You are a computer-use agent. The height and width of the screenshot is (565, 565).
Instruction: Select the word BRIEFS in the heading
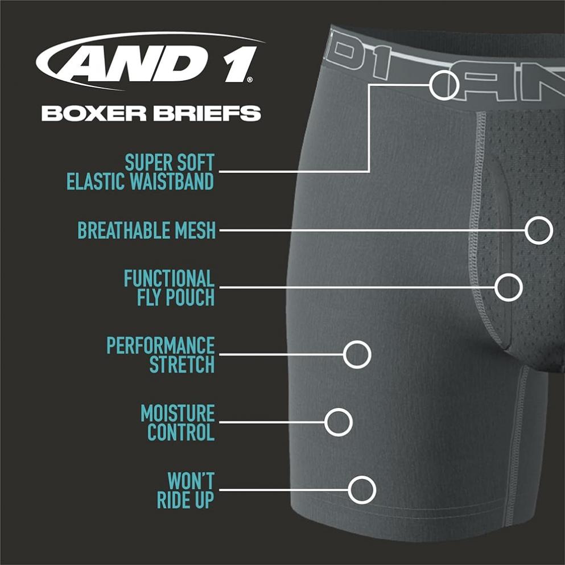point(207,113)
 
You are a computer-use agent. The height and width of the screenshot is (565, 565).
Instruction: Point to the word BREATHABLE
point(123,230)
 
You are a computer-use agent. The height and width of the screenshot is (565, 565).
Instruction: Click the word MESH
point(195,230)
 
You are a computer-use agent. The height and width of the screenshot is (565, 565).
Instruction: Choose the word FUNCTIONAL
point(169,279)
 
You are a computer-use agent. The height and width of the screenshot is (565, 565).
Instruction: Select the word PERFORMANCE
point(160,345)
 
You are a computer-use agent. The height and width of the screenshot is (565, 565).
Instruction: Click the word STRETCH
point(182,364)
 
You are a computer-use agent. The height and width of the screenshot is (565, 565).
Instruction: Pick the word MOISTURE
point(178,413)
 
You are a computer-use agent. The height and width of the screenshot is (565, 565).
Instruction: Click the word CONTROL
point(181,432)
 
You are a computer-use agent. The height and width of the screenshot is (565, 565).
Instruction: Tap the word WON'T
point(191,481)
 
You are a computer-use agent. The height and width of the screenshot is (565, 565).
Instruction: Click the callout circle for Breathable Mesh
point(525,230)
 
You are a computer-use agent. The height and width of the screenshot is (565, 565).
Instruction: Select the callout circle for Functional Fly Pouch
point(496,287)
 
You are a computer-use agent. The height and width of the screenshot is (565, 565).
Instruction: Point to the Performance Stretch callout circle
point(344,354)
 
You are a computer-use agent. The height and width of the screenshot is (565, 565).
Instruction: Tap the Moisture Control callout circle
point(325,422)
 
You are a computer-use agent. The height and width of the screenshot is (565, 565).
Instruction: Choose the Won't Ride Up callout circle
point(349,490)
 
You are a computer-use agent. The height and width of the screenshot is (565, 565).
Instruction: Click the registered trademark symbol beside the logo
point(250,80)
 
